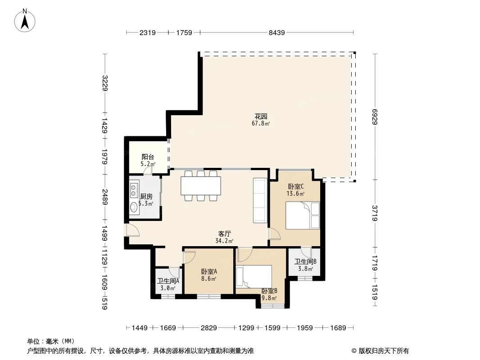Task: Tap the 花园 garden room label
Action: coord(261,116)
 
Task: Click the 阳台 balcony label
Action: coord(148,157)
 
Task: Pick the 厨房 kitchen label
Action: coord(146,197)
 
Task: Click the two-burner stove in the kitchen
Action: coord(134,191)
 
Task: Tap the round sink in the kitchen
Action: coord(134,208)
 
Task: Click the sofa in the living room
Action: coord(260,200)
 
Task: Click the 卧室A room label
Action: coord(209,271)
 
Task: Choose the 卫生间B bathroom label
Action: coord(305,262)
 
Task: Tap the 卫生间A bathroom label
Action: coord(168,281)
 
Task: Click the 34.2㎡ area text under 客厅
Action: coord(224,241)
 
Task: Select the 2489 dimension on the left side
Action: coord(104,197)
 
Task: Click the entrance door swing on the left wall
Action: coord(132,230)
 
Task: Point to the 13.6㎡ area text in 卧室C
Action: coord(295,193)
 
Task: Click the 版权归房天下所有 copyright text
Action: coord(383,351)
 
